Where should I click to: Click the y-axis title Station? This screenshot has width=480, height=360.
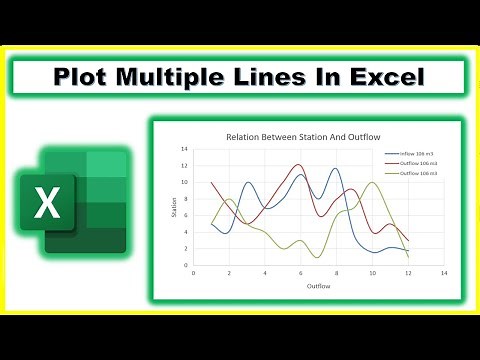(173, 207)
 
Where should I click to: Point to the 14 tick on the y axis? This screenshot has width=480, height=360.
(185, 149)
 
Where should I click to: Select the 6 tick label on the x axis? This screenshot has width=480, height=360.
(300, 272)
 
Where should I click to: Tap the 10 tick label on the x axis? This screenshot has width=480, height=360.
(372, 272)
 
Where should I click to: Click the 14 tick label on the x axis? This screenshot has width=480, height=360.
(443, 272)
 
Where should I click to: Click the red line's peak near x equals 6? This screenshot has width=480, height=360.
(300, 165)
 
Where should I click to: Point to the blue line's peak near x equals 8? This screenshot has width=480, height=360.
(337, 169)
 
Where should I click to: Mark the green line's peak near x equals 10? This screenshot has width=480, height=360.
(372, 182)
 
